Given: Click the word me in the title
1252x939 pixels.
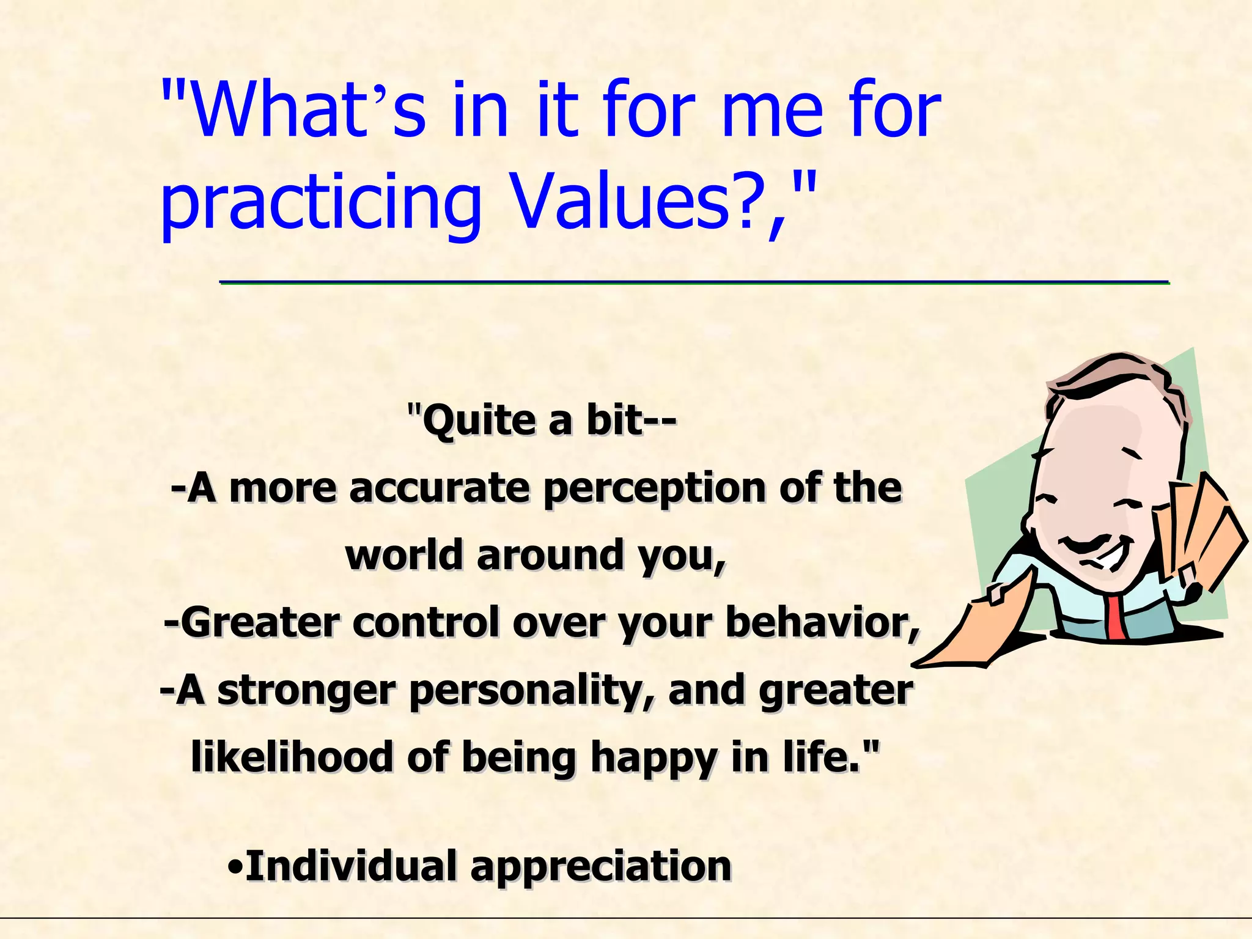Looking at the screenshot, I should tap(773, 110).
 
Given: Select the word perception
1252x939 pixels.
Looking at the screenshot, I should tap(654, 489).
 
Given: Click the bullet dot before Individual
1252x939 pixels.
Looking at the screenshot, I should tap(235, 867).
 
